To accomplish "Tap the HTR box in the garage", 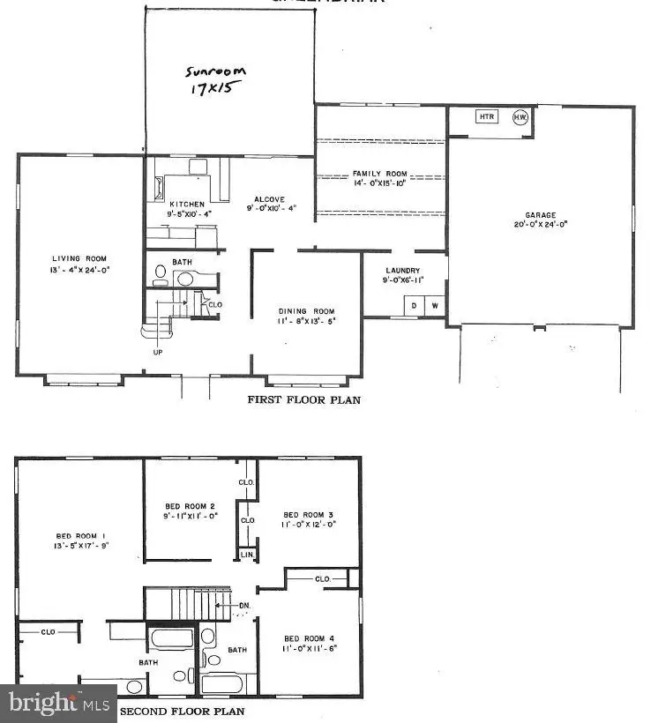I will point(486,116).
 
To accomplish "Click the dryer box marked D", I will point(413,305).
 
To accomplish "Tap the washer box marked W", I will point(433,305).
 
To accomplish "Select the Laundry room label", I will point(402,271).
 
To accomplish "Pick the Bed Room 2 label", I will point(190,506).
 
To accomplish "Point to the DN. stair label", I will point(244,606).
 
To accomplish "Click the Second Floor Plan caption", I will point(183,711).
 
